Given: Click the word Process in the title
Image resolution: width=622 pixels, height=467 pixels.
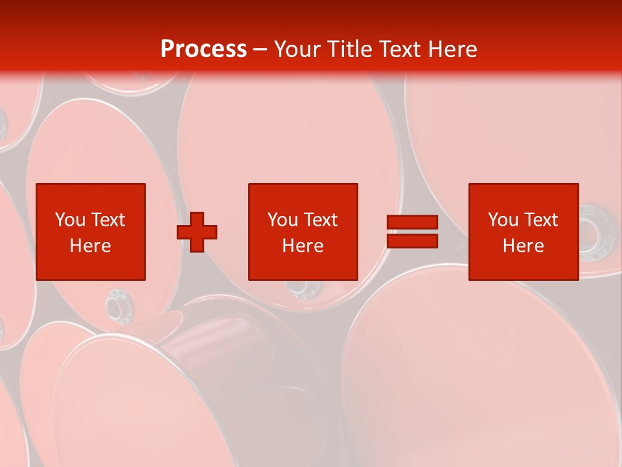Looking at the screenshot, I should pyautogui.click(x=203, y=49).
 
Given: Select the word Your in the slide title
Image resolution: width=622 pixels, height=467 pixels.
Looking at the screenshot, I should pyautogui.click(x=299, y=49).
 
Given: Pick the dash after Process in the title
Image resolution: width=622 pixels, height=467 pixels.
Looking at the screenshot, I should pyautogui.click(x=260, y=50).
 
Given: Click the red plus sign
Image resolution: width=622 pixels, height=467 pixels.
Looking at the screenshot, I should pyautogui.click(x=197, y=232).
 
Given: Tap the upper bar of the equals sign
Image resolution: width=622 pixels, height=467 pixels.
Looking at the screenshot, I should pyautogui.click(x=412, y=222).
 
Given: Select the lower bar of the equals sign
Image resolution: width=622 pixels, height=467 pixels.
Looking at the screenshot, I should pyautogui.click(x=412, y=241).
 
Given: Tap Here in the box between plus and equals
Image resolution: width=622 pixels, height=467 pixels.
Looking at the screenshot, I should pyautogui.click(x=303, y=246).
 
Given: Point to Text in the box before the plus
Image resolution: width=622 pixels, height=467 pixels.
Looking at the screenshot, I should pyautogui.click(x=108, y=220).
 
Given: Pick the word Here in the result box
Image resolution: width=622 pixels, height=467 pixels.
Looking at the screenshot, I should pyautogui.click(x=524, y=246).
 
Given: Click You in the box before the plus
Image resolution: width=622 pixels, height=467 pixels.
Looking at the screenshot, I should pyautogui.click(x=70, y=220).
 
